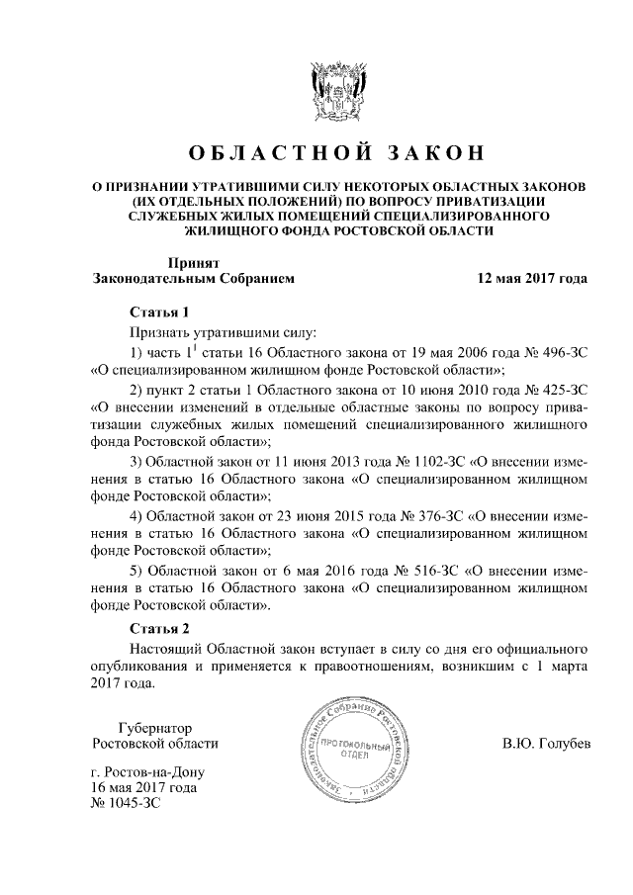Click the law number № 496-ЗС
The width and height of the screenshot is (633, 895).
551,353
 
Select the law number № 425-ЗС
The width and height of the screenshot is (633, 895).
551,389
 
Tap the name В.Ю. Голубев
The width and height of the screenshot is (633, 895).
545,743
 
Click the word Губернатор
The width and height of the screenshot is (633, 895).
154,727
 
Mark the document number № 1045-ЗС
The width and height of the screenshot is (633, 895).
125,804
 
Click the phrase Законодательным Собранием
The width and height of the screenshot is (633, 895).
193,279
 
